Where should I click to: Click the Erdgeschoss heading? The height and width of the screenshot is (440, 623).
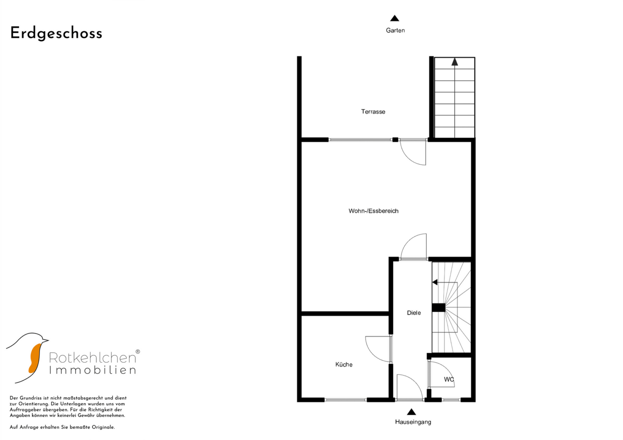click(x=56, y=33)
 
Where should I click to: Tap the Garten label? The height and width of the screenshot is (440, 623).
click(x=395, y=30)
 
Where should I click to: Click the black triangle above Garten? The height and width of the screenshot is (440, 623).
click(x=395, y=18)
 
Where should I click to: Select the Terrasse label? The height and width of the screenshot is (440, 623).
click(x=373, y=112)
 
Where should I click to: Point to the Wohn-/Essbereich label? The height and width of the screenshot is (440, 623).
click(x=374, y=211)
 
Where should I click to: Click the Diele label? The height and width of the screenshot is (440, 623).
click(x=414, y=313)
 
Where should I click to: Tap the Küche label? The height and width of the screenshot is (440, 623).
click(x=344, y=365)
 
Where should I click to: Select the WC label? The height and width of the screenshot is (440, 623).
click(x=449, y=379)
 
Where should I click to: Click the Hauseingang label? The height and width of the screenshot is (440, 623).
click(x=413, y=422)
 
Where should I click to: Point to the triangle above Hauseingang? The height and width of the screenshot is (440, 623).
click(x=411, y=411)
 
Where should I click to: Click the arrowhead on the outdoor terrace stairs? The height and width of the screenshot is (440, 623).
click(x=455, y=62)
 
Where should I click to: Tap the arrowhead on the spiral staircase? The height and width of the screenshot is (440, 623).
click(x=435, y=282)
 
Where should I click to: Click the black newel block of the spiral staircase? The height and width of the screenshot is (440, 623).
click(x=439, y=308)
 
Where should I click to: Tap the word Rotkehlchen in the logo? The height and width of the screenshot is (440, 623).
click(x=93, y=358)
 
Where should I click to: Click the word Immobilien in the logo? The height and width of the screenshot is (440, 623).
click(x=93, y=370)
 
